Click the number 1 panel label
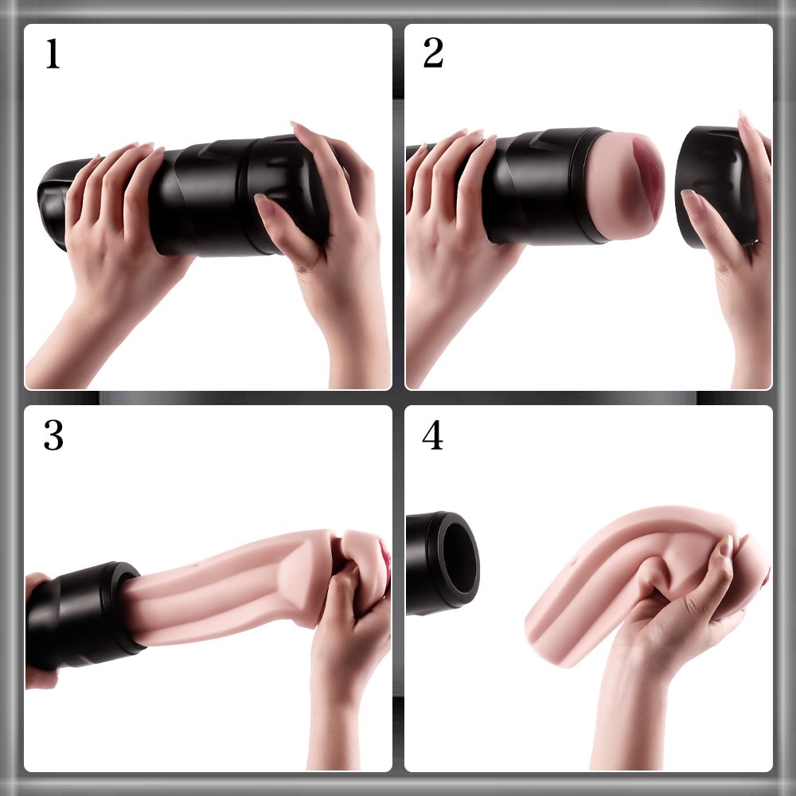point(53,54)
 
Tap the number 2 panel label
point(433,53)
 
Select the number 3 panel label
point(53,435)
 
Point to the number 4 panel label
point(432,435)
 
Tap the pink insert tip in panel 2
point(627,185)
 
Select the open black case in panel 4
point(443,563)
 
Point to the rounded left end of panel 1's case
point(51,203)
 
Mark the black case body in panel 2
point(538,185)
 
